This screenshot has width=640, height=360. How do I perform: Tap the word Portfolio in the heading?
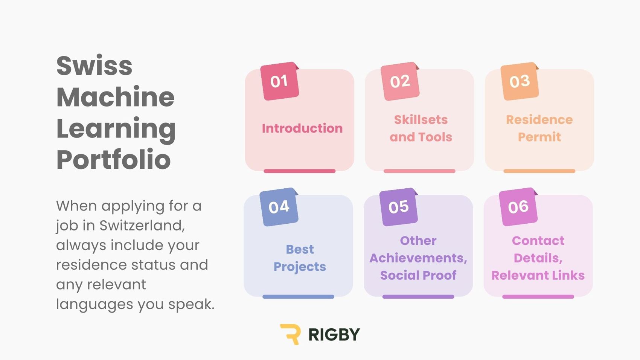tap(114, 159)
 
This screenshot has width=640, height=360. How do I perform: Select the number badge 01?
tap(279, 81)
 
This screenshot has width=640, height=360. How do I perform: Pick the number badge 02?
tap(400, 81)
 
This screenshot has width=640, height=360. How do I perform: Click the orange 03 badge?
tap(520, 81)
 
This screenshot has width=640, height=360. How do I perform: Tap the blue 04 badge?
tap(279, 207)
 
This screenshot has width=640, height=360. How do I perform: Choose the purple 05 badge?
tap(399, 207)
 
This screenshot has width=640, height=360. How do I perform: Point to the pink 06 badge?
tap(518, 207)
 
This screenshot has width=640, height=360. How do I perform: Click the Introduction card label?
tap(302, 128)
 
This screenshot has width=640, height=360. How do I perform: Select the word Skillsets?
tap(421, 119)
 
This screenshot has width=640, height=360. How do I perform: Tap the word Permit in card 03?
tap(539, 137)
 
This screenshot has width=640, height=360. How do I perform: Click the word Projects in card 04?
tap(300, 267)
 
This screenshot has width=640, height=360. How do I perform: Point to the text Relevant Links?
tap(538, 275)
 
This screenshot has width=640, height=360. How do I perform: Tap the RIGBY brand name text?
tap(334, 334)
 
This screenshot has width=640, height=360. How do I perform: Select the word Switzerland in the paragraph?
tap(142, 226)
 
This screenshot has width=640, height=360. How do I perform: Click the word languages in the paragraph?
tap(94, 304)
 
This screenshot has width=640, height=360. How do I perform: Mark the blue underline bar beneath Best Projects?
tap(298, 297)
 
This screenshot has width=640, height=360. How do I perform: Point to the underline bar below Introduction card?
tap(299, 171)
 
